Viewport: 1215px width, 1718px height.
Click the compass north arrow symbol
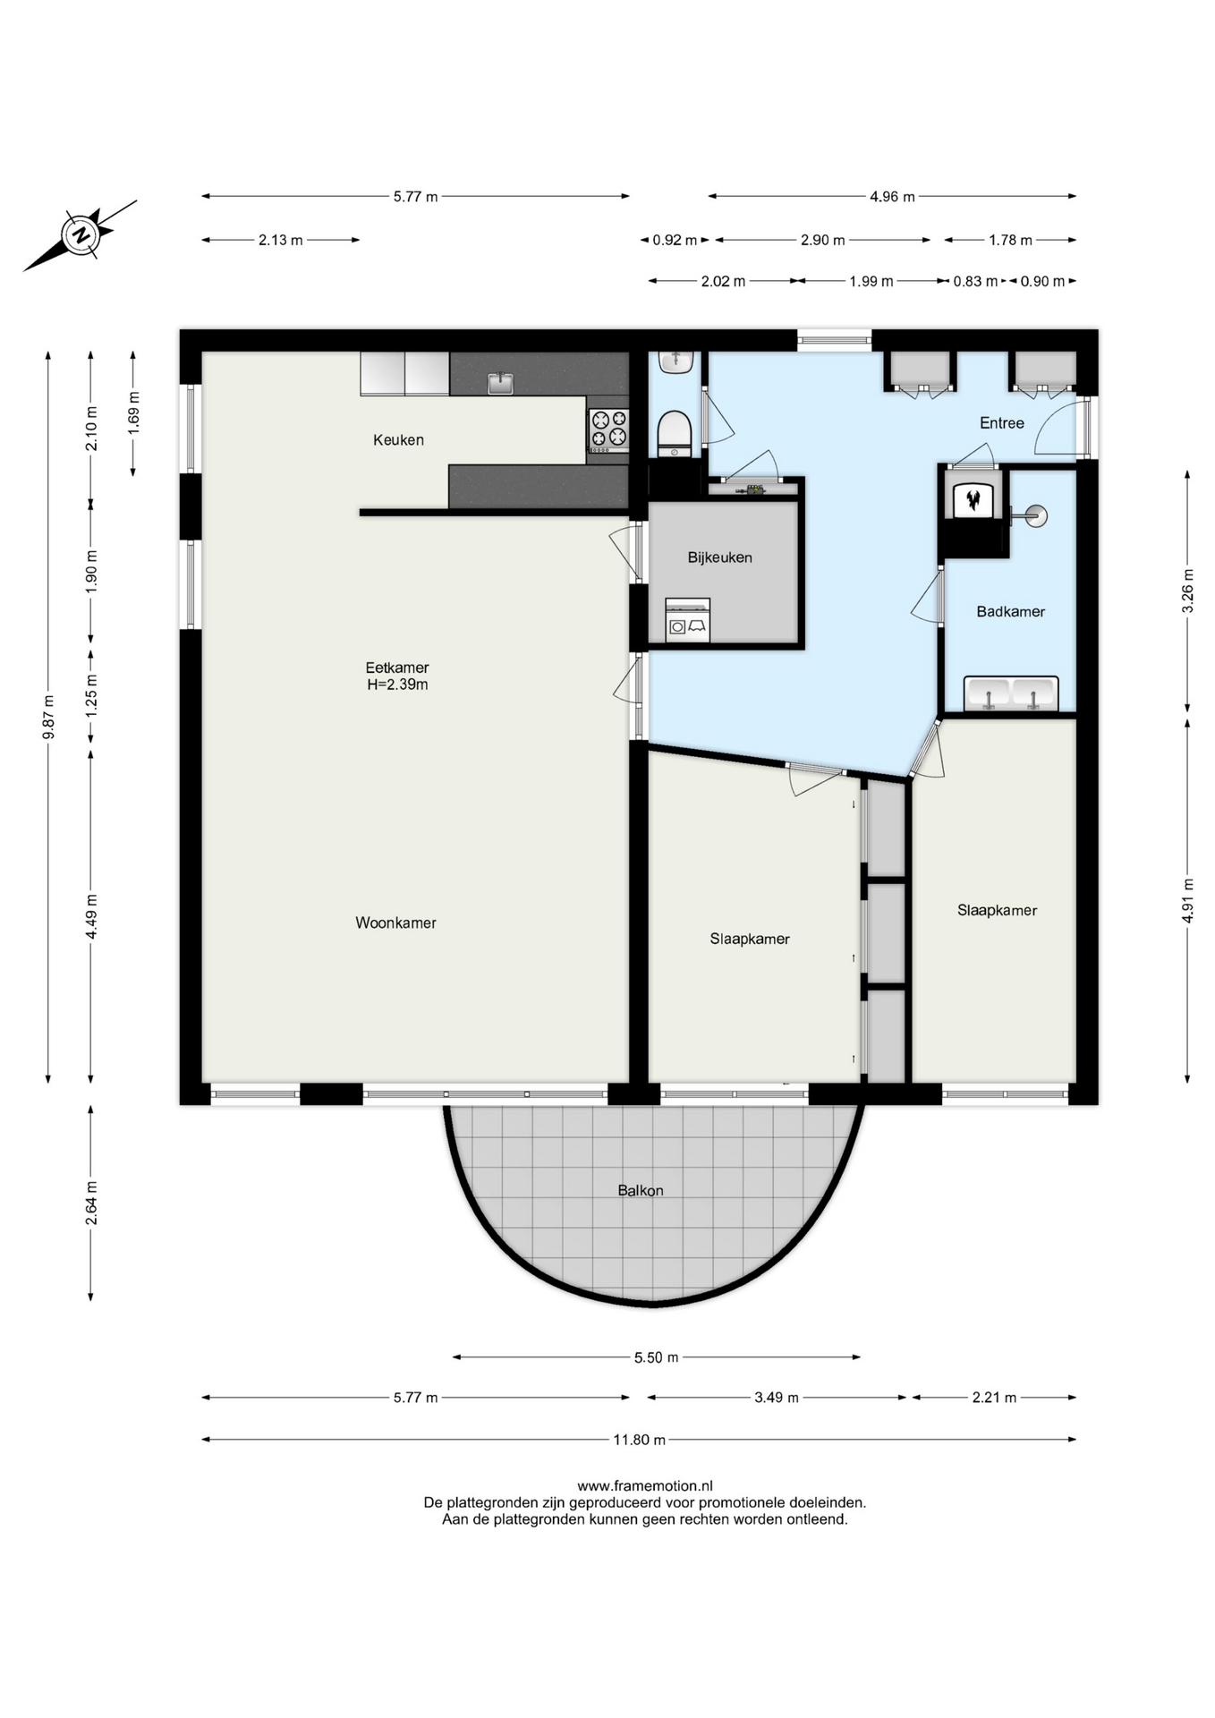[x=81, y=235]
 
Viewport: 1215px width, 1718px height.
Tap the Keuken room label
[x=398, y=439]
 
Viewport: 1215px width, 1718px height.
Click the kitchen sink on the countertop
[x=500, y=383]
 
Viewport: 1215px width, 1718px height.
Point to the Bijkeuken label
[x=719, y=557]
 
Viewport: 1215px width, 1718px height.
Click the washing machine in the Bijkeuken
[x=687, y=620]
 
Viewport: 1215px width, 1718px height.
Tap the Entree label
[x=1001, y=423]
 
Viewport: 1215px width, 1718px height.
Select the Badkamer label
[x=1010, y=612]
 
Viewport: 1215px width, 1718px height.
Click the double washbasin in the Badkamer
[x=1011, y=693]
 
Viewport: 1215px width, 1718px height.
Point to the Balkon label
[x=641, y=1190]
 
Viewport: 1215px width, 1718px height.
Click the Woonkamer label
[x=395, y=923]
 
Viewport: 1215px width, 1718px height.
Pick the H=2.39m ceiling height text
[x=397, y=685]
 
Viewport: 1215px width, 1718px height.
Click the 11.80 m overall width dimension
[x=639, y=1440]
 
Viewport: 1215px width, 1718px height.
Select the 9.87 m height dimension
[x=48, y=717]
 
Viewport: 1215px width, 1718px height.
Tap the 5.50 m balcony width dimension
[x=657, y=1357]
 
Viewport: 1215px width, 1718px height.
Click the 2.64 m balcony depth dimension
[x=91, y=1203]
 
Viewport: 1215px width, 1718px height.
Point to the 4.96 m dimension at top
[x=892, y=196]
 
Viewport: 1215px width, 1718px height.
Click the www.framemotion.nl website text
[x=644, y=1486]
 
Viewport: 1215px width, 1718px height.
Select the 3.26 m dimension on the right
[x=1187, y=591]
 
